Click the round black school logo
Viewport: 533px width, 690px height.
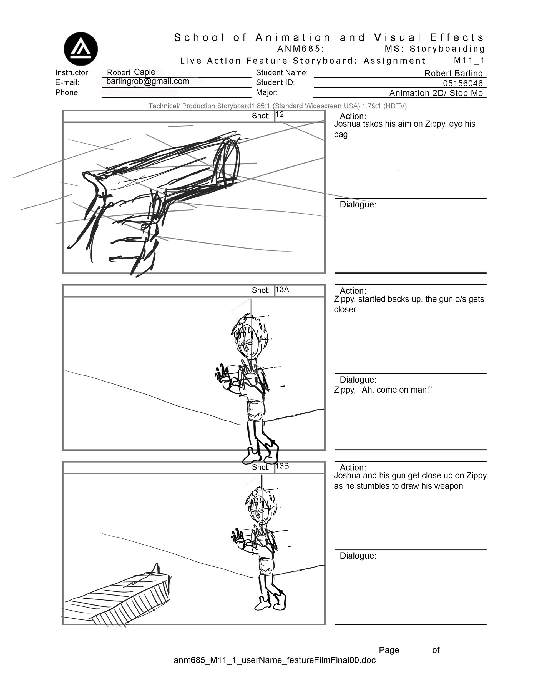click(x=81, y=49)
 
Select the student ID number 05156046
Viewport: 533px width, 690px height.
click(x=462, y=83)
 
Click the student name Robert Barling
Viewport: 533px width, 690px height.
click(x=453, y=73)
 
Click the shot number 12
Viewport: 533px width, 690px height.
click(x=280, y=114)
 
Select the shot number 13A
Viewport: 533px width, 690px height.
click(x=282, y=289)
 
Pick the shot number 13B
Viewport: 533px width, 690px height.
click(x=282, y=466)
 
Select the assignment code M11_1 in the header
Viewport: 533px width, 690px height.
click(x=469, y=60)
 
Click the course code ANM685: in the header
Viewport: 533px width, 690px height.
click(x=300, y=49)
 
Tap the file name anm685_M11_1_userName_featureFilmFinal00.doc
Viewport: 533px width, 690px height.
click(x=275, y=660)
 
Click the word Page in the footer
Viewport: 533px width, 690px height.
click(x=389, y=650)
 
